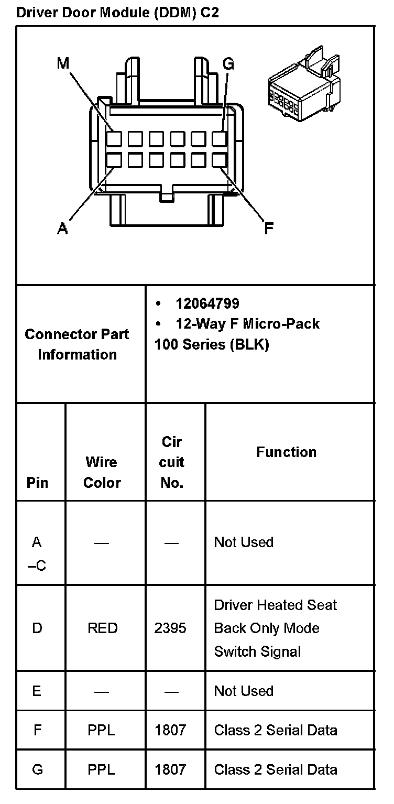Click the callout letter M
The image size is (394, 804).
tap(63, 64)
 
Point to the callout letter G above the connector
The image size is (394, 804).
tap(228, 64)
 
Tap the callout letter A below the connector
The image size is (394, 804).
tap(62, 229)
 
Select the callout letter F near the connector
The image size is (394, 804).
tap(268, 229)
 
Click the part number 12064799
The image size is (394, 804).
tap(207, 303)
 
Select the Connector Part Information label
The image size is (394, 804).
tap(77, 344)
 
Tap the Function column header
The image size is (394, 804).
tap(286, 452)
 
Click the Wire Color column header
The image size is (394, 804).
tap(102, 472)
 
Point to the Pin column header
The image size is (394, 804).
tap(37, 483)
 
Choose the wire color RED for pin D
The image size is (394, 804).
tap(103, 628)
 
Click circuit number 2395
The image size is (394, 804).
tap(170, 628)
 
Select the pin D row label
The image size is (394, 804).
tap(37, 628)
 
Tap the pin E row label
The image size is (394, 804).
tap(37, 691)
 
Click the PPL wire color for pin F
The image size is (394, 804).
tap(102, 730)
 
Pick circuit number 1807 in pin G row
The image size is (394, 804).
tap(170, 769)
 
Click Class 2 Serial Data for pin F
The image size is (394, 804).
tap(276, 730)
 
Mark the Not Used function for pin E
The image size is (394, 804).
tap(244, 691)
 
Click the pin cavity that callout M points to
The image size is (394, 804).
tap(114, 139)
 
